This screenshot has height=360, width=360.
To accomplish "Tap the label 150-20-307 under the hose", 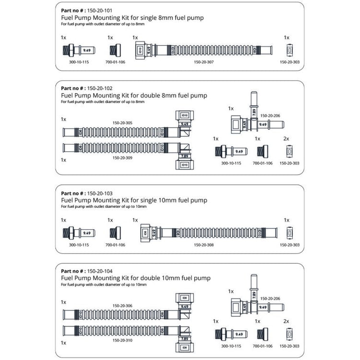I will (x=204, y=62).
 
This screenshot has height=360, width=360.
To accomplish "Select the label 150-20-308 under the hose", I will (x=204, y=245).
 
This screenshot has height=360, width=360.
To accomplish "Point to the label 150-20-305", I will (x=122, y=123).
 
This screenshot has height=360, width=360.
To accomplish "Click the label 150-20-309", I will (x=122, y=157).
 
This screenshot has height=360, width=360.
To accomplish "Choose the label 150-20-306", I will (x=122, y=306).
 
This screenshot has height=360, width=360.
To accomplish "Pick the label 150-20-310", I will (x=122, y=340).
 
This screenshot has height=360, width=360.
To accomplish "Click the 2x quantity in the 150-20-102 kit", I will (x=286, y=139).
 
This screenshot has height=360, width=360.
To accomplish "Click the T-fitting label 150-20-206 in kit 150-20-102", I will (x=270, y=116).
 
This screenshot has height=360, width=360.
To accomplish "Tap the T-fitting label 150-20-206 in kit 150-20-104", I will (x=270, y=298).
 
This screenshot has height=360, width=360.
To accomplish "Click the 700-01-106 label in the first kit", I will (x=115, y=62).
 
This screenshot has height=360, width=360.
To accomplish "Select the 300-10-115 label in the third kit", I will (x=79, y=245).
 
